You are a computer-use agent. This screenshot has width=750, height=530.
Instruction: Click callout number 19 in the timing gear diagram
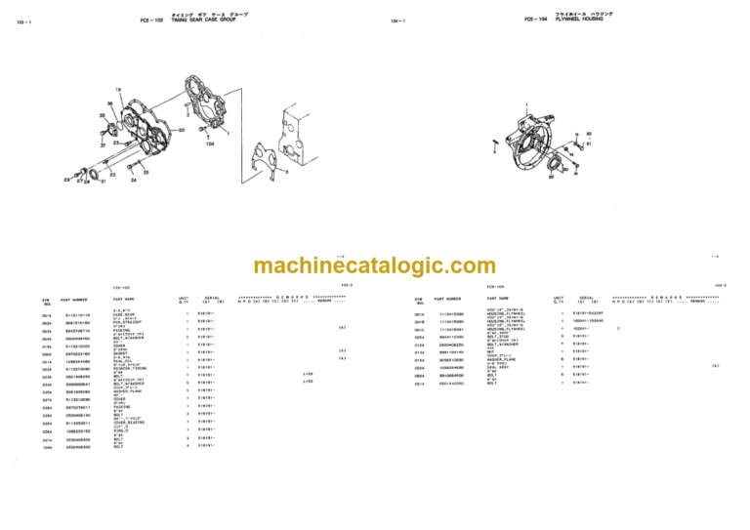119,89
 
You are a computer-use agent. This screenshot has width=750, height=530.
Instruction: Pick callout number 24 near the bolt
133,181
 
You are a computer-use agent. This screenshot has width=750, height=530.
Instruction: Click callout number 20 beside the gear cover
181,129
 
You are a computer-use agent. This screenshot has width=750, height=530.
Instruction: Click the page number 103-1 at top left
12,20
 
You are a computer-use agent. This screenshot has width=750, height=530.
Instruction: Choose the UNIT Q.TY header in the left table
183,300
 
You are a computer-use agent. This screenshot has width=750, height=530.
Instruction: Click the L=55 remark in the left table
308,373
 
